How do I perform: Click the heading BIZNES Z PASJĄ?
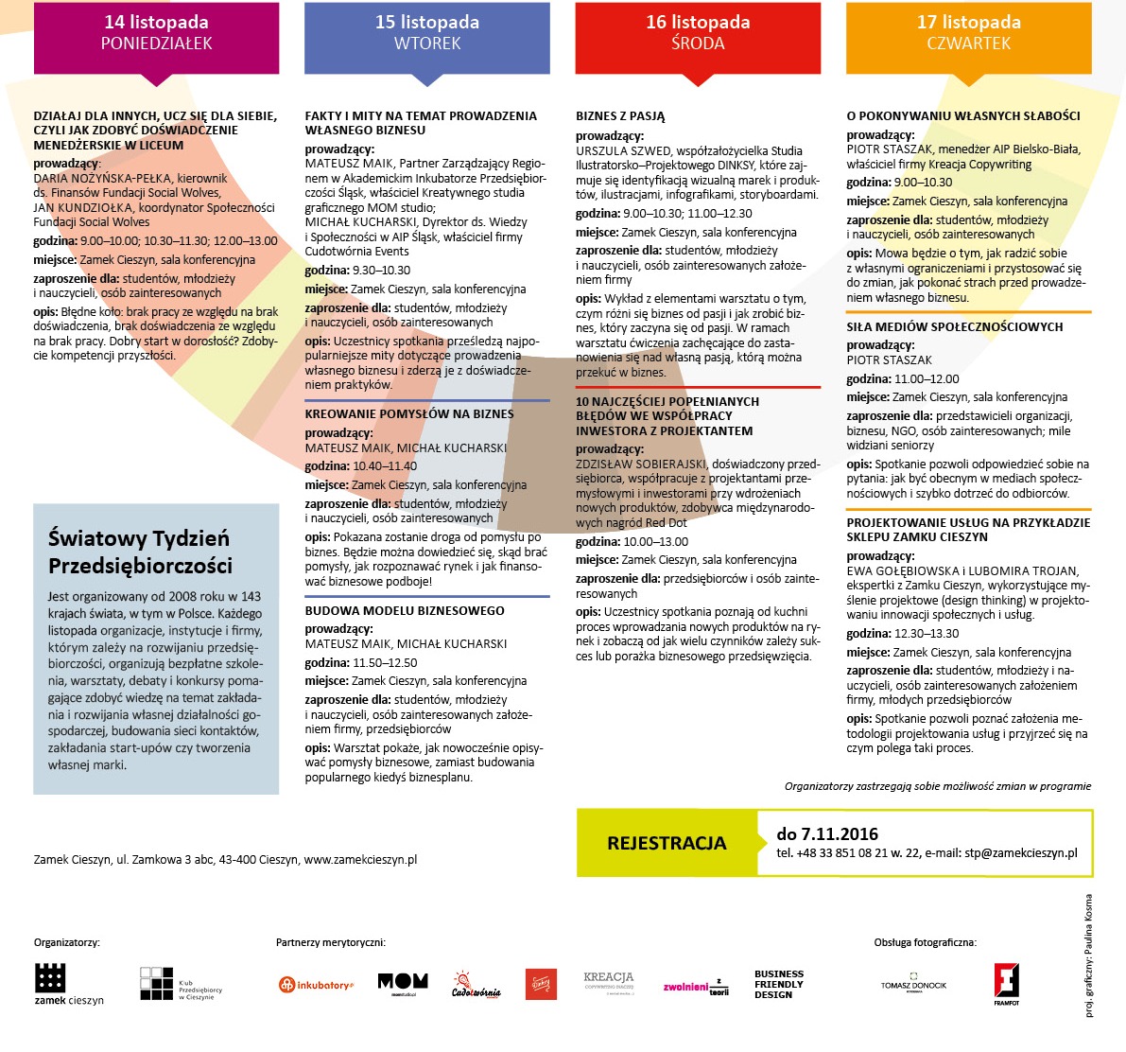(620, 116)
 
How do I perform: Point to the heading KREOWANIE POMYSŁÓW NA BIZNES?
(409, 414)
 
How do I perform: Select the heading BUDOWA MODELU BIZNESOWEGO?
(405, 611)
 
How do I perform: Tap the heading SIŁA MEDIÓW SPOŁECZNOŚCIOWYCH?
(955, 327)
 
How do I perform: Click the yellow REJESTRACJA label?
(667, 843)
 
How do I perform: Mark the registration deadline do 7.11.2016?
(827, 834)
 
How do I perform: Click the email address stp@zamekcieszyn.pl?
(1021, 853)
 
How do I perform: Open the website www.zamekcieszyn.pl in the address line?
(360, 860)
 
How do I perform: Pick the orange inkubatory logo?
(316, 985)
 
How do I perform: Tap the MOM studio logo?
(403, 983)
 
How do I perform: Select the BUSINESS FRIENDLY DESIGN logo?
(779, 984)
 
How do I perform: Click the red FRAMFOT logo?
(1006, 982)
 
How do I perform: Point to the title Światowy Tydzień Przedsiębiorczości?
(140, 552)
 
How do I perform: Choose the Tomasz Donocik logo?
(913, 984)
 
